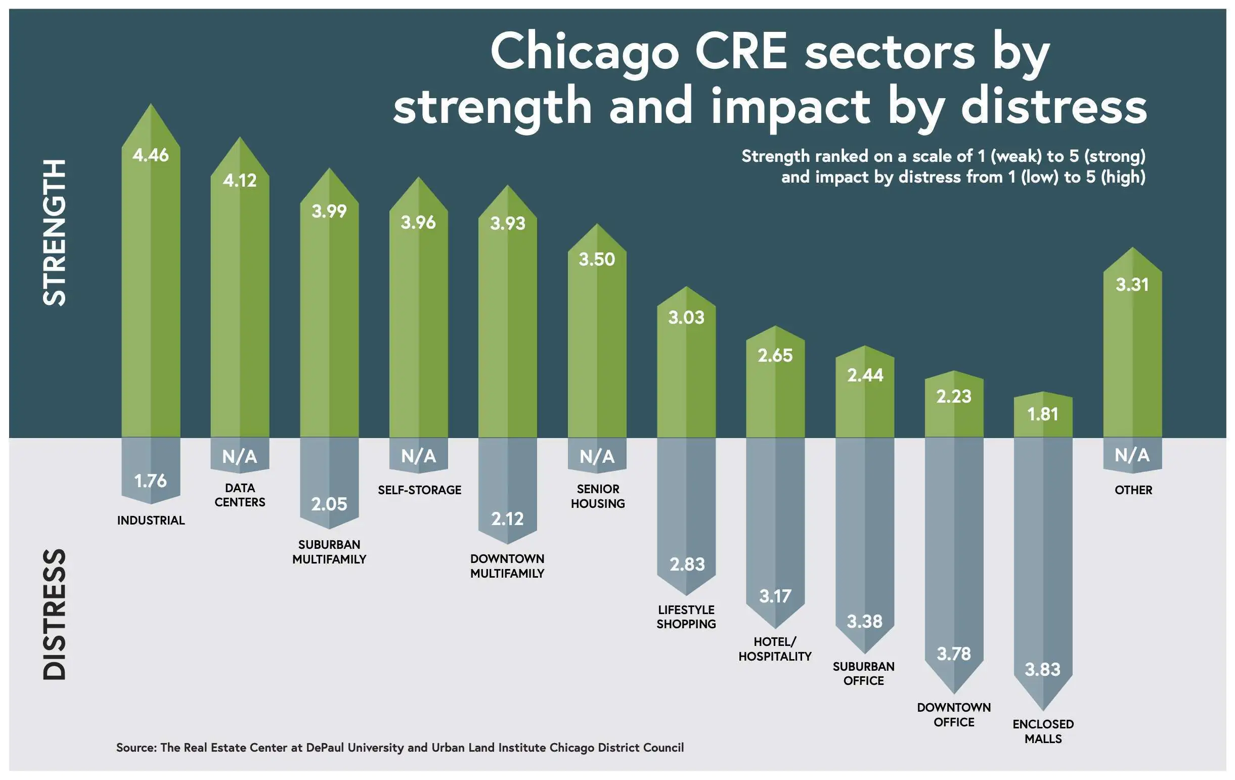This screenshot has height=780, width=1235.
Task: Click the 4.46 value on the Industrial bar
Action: [x=150, y=155]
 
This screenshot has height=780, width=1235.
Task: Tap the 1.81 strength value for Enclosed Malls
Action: [x=1043, y=414]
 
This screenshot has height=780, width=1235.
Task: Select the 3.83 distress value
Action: [x=1042, y=670]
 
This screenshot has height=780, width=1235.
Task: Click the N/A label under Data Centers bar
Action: [x=240, y=456]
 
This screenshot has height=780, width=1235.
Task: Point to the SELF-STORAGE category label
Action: [x=420, y=490]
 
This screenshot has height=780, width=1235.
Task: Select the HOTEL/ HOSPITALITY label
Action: [x=775, y=649]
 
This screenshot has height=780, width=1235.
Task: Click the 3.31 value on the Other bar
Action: [x=1132, y=285]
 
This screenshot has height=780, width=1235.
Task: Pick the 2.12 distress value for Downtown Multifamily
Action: [x=507, y=519]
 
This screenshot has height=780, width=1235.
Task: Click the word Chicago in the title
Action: [x=585, y=52]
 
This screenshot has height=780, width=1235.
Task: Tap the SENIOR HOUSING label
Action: [x=597, y=496]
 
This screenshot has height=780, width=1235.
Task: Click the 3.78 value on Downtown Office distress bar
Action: [x=953, y=654]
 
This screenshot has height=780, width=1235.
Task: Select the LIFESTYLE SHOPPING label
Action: [x=686, y=617]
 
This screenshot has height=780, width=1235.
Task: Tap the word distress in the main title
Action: [x=1054, y=107]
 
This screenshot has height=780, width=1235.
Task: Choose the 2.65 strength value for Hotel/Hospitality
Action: [x=775, y=356]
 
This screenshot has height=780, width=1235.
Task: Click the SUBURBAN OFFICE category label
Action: [x=864, y=674]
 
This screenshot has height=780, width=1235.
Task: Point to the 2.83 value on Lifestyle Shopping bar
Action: [x=687, y=565]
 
